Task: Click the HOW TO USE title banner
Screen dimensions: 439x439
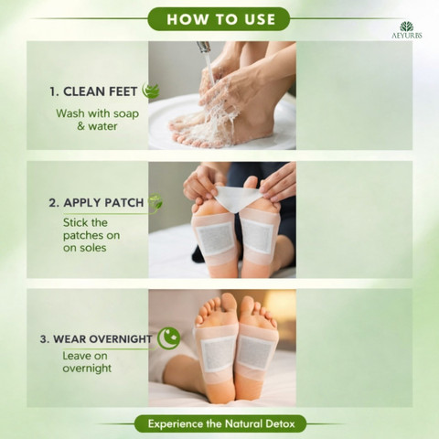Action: point(219,19)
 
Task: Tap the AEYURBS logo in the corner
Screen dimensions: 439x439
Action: point(407,30)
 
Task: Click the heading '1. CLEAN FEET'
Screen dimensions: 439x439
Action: point(93,91)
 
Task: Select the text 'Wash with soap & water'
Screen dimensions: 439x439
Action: point(97,120)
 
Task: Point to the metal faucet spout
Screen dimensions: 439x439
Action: point(204,47)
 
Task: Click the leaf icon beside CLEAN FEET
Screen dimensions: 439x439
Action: point(151,91)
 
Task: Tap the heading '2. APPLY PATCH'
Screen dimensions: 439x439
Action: point(96,203)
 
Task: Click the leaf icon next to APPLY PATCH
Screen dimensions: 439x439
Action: point(155,202)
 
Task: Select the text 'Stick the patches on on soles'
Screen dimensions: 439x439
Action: point(91,235)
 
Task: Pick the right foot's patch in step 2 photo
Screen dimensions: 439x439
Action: point(258,235)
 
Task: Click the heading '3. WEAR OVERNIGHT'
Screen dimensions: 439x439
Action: point(96,339)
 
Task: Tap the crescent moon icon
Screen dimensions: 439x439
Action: point(168,338)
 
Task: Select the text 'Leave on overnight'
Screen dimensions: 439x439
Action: point(87,362)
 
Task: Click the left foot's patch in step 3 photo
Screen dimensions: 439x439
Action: point(218,354)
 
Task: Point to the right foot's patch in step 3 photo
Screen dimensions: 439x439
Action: point(254,352)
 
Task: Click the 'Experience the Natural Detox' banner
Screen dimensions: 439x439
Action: point(220,423)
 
